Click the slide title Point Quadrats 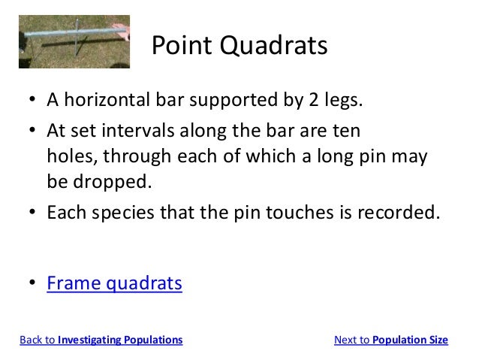(x=239, y=47)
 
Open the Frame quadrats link (x=114, y=284)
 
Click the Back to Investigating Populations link (x=101, y=340)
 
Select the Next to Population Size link (x=390, y=340)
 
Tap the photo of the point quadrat (x=74, y=41)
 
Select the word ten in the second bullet (x=347, y=132)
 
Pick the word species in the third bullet (x=127, y=213)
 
